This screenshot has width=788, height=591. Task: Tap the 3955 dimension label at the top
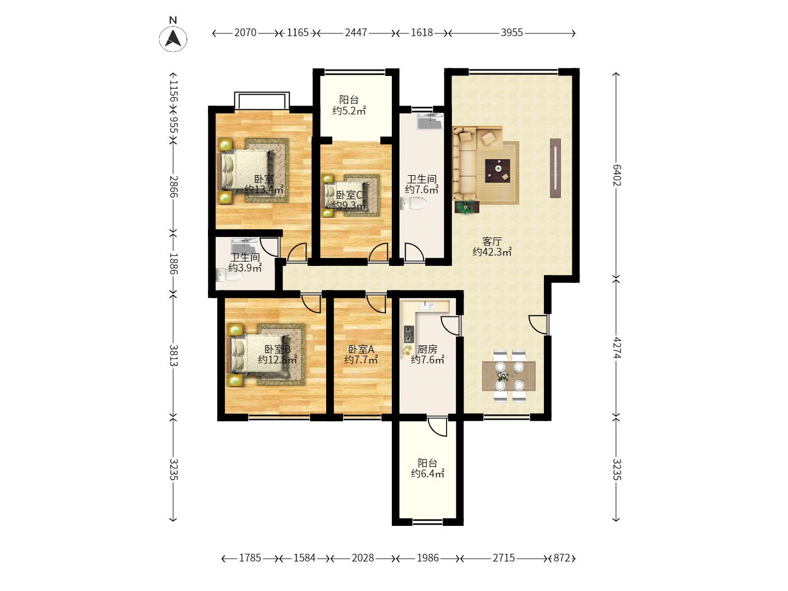(x=512, y=33)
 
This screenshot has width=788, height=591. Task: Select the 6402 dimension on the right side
(x=616, y=175)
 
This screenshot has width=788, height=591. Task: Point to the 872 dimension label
(x=561, y=558)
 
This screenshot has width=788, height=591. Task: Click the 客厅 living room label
(x=491, y=241)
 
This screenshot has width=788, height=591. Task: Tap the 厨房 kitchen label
(x=427, y=349)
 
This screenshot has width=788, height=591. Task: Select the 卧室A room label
(x=361, y=349)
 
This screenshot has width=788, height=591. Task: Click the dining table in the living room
(x=509, y=376)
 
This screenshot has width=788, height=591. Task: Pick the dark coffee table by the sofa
(x=497, y=171)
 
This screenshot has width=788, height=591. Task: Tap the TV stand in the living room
(x=555, y=168)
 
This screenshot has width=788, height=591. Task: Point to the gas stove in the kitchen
(x=409, y=334)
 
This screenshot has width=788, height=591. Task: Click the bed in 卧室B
(x=259, y=355)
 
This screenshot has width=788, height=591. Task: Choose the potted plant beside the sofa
(x=467, y=207)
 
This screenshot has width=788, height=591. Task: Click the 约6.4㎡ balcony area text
(x=427, y=474)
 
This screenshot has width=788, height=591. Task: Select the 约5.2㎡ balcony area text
(x=349, y=111)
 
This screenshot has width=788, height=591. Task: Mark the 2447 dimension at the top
(x=356, y=33)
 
